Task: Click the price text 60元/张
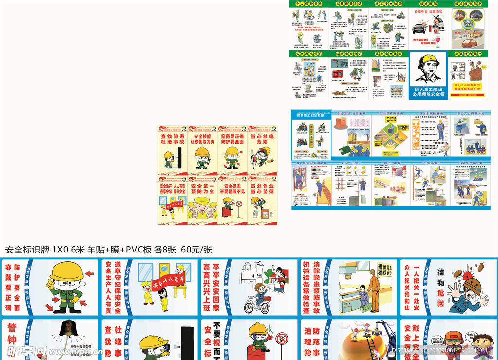(196, 250)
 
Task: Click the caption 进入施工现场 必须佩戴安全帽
(428, 92)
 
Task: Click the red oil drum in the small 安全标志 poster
(227, 211)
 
